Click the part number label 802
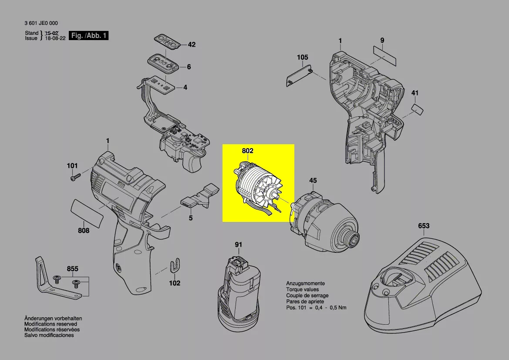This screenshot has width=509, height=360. pos(248,151)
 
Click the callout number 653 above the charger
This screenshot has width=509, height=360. pos(423,226)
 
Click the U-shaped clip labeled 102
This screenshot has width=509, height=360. pos(175,265)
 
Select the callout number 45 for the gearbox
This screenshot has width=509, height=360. pos(313,180)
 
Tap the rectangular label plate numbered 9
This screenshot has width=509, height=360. pos(384,56)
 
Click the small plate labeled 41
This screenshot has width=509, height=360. pos(418,109)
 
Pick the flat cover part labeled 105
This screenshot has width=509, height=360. pos(300,75)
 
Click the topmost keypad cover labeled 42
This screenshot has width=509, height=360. pos(167,44)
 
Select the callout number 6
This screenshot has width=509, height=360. pos(189,67)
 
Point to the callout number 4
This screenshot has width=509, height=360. pos(185,88)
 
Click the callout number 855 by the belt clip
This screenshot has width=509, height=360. pos(73,269)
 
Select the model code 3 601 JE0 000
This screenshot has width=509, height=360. pos(41,24)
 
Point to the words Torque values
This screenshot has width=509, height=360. pos(302,289)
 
